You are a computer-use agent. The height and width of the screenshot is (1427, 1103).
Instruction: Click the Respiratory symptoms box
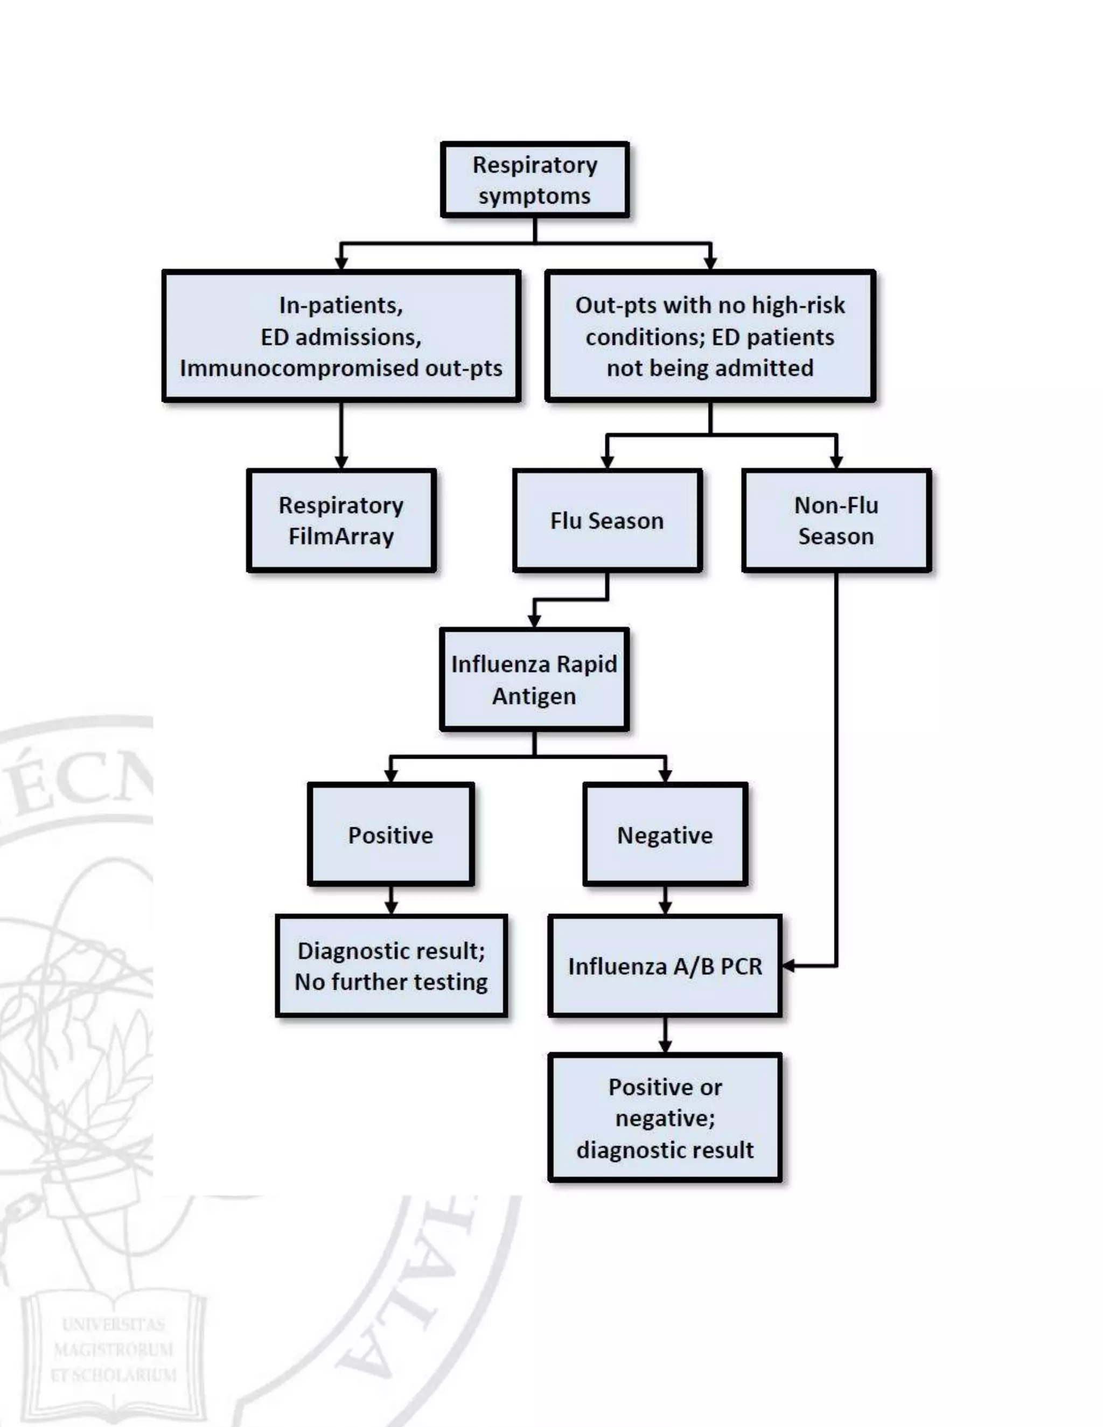pyautogui.click(x=534, y=180)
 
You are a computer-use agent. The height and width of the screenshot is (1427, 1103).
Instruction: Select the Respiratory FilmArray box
pyautogui.click(x=341, y=520)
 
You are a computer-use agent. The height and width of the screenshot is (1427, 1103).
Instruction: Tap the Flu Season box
pyautogui.click(x=607, y=520)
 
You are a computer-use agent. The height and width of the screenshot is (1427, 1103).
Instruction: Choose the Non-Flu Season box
pyautogui.click(x=836, y=520)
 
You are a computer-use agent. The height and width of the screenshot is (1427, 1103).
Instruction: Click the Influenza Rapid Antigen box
pyautogui.click(x=534, y=680)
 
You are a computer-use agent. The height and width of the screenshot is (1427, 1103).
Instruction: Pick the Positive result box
pyautogui.click(x=391, y=834)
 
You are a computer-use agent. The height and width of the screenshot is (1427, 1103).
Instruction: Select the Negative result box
pyautogui.click(x=665, y=834)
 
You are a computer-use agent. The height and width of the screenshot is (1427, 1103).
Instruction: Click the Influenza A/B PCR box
pyautogui.click(x=665, y=966)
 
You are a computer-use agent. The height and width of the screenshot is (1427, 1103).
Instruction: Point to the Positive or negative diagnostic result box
pyautogui.click(x=665, y=1118)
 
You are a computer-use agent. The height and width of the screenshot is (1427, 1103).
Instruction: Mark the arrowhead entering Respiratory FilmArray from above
pyautogui.click(x=341, y=462)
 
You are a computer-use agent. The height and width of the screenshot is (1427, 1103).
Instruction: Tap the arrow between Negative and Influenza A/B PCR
pyautogui.click(x=665, y=900)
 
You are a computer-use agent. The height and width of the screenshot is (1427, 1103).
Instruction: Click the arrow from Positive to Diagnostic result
pyautogui.click(x=391, y=900)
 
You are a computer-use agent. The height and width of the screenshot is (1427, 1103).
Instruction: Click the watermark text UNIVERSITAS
pyautogui.click(x=113, y=1325)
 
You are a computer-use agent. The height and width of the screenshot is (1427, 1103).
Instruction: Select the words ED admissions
pyautogui.click(x=341, y=337)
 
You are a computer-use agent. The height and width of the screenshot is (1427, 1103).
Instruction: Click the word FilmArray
pyautogui.click(x=341, y=536)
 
